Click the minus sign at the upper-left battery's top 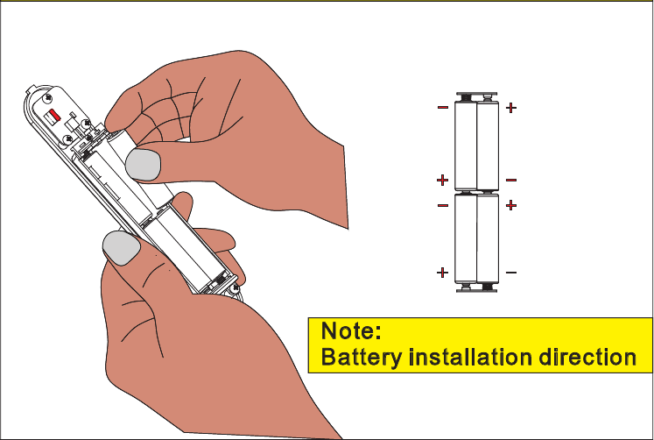pos(443,109)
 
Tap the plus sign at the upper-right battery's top pos(511,109)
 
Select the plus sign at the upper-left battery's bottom pos(443,181)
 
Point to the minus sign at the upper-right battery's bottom pos(511,181)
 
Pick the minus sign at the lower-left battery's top pos(443,205)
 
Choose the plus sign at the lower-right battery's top pos(511,205)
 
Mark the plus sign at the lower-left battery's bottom pos(443,273)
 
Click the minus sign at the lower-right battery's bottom pos(511,273)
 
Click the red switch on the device pos(53,115)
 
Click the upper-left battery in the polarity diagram pos(465,144)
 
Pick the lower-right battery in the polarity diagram pos(488,238)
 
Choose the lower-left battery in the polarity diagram pos(465,238)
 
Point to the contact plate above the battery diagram pos(476,96)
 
